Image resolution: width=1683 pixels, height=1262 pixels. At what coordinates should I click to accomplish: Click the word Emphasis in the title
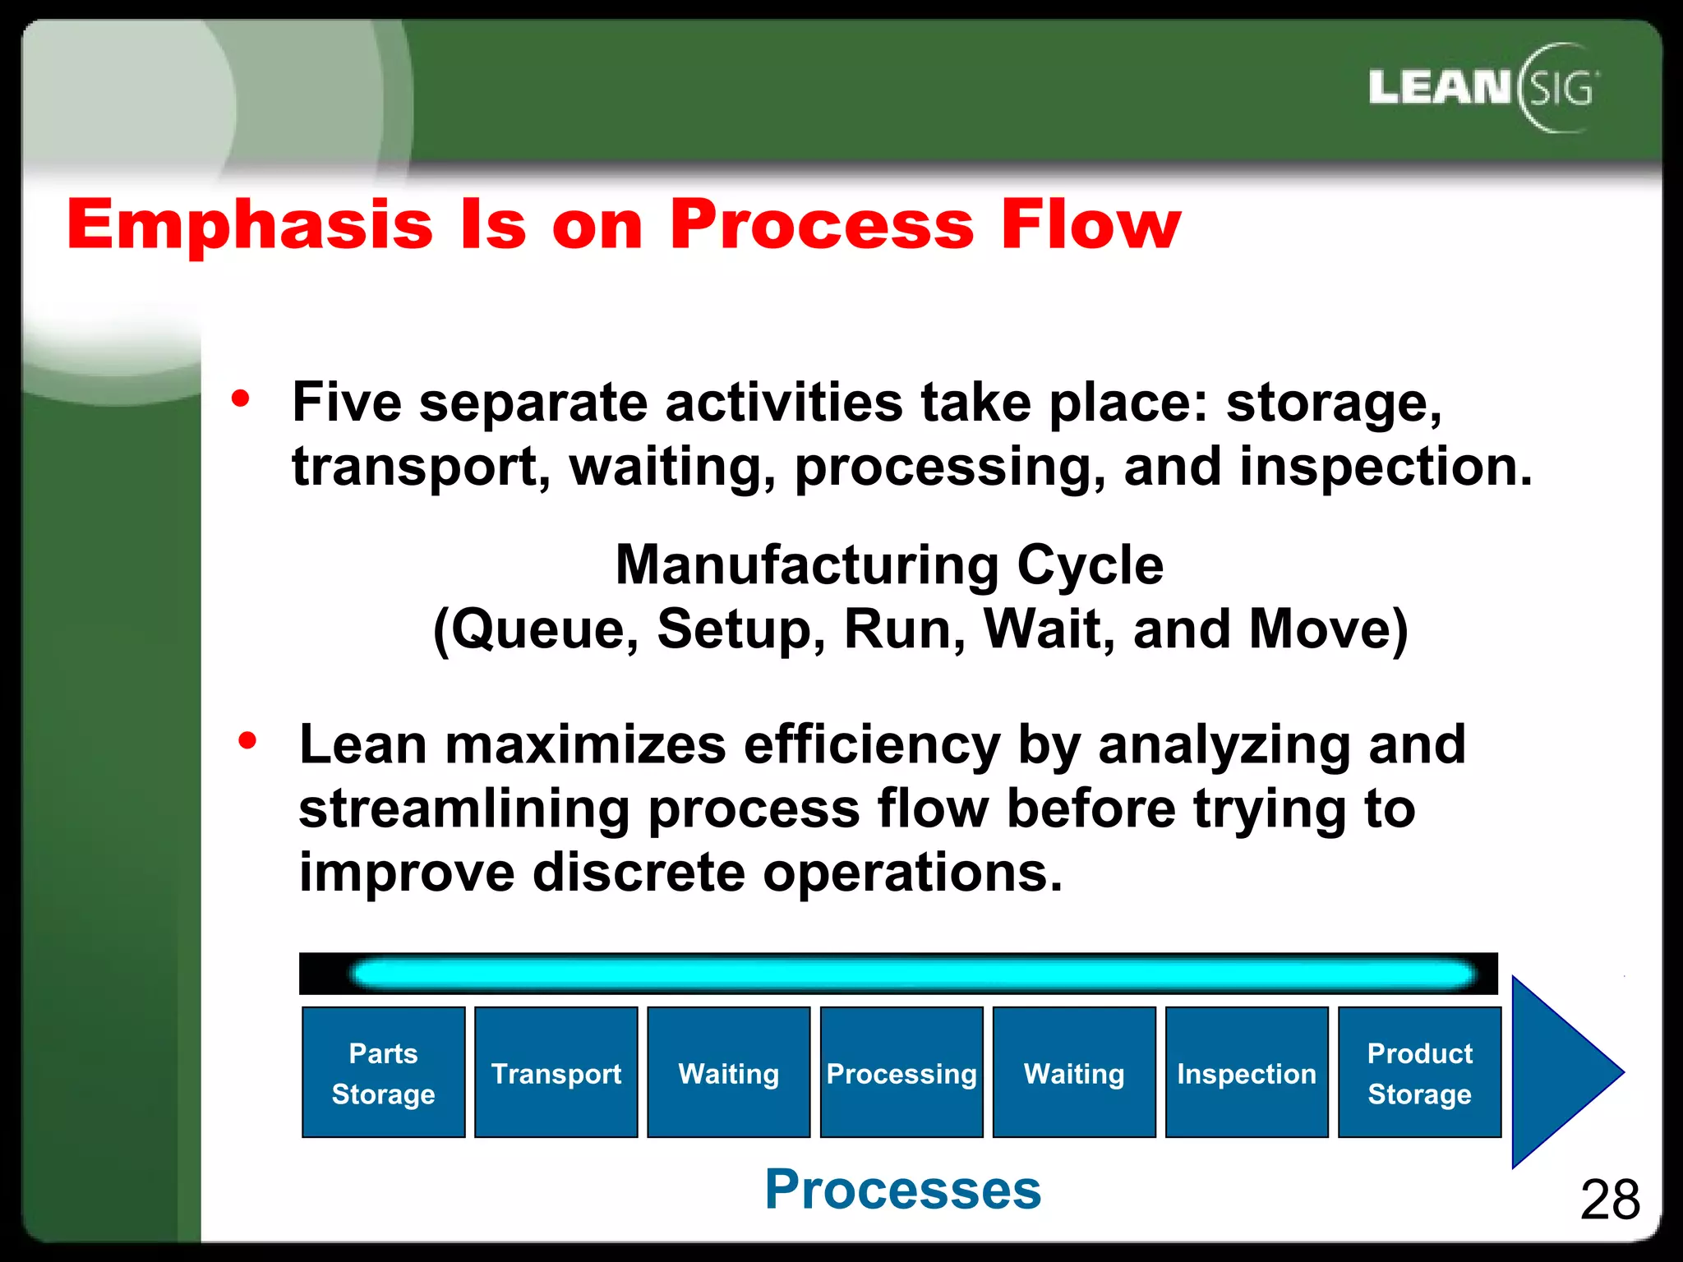coord(249,224)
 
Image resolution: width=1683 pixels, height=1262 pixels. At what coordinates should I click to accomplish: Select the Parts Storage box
coord(383,1072)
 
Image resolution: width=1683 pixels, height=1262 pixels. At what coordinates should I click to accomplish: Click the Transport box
coord(556,1072)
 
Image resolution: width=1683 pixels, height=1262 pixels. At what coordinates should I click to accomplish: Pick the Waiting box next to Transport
coord(729,1072)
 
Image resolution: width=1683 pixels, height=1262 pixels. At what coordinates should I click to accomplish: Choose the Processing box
coord(901,1072)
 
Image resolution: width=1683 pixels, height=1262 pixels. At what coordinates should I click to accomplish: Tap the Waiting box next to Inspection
coord(1074,1072)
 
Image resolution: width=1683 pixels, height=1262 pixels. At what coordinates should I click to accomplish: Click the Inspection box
coord(1247,1072)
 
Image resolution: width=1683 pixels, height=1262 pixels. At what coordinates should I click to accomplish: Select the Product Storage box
coord(1419,1072)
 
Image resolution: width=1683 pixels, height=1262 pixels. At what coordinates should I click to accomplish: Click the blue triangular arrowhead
coord(1557,1072)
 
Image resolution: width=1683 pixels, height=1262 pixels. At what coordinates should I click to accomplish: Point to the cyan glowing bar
coord(912,974)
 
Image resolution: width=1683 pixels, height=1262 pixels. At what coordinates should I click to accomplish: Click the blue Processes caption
coord(902,1189)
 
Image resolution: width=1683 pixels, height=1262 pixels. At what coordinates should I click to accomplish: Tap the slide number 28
coord(1609,1200)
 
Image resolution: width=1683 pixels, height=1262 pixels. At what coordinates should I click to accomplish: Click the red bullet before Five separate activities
coord(240,399)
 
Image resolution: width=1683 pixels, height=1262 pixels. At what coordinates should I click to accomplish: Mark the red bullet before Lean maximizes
coord(247,741)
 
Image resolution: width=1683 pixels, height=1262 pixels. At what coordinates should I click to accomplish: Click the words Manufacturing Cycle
coord(889,565)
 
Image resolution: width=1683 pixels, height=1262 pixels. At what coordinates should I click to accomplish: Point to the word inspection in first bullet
coord(1384,467)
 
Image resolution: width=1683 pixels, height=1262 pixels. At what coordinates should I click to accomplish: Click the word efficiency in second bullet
coord(871,744)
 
